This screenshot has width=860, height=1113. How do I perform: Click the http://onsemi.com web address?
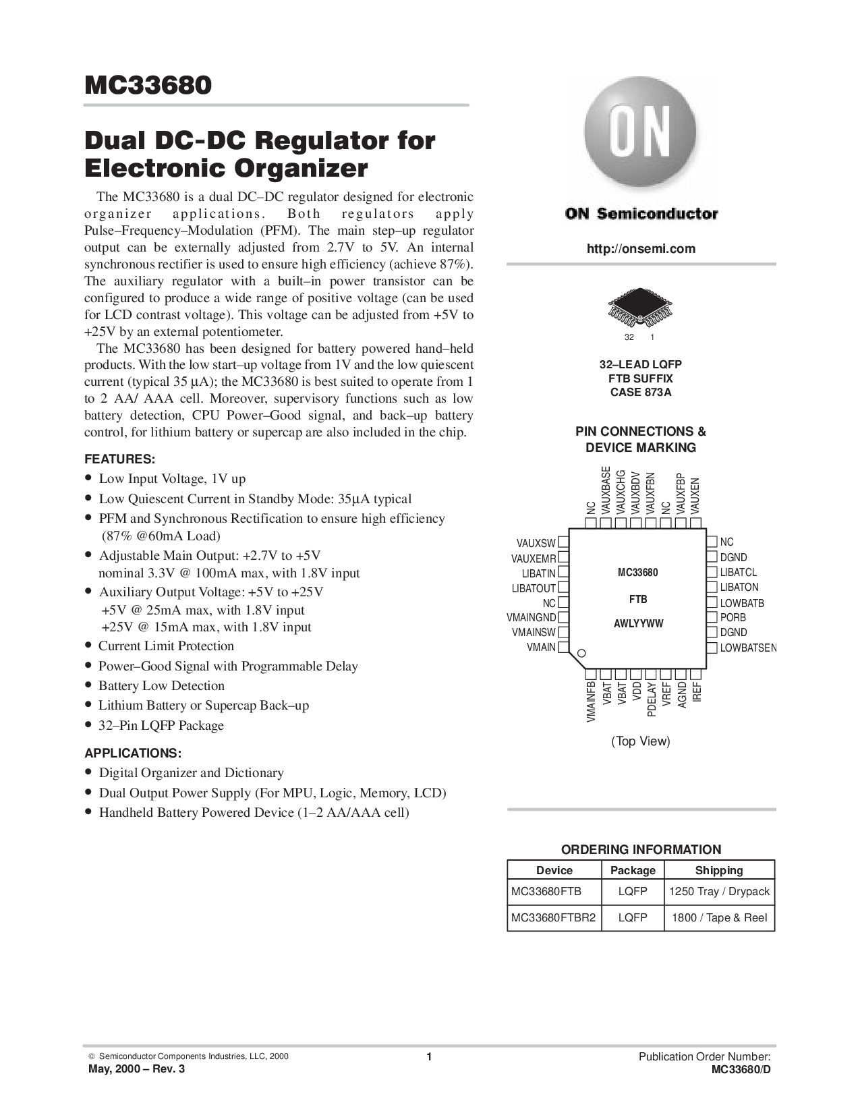click(x=641, y=249)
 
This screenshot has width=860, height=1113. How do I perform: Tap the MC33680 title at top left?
click(x=148, y=85)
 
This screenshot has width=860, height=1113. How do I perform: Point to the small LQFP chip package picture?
click(x=640, y=308)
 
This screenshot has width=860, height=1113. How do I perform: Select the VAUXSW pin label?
click(x=536, y=543)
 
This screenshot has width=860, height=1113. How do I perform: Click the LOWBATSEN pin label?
click(x=748, y=648)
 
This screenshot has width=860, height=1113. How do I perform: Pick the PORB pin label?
click(x=733, y=618)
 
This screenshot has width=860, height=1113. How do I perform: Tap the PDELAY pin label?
click(x=652, y=699)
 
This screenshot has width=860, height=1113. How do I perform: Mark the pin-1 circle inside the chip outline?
click(x=581, y=653)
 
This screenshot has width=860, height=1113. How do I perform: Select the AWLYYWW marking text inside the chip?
click(x=638, y=624)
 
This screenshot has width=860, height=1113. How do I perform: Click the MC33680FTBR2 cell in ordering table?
click(x=554, y=917)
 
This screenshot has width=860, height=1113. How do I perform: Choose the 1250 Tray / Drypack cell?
click(x=719, y=891)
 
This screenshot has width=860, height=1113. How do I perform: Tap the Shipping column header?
click(x=719, y=870)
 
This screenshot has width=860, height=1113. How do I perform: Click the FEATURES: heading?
click(x=120, y=459)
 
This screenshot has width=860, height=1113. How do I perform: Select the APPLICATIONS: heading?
click(x=133, y=753)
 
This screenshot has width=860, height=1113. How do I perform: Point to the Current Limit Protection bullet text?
click(x=166, y=646)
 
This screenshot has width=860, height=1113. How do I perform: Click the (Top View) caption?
click(x=640, y=741)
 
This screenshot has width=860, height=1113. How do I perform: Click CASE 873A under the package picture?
click(x=640, y=393)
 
